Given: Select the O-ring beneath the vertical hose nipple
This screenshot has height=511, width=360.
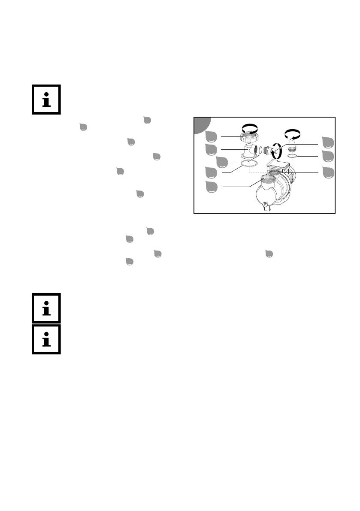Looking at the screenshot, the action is coord(292,157).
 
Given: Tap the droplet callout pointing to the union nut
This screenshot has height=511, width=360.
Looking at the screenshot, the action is coord(211,136).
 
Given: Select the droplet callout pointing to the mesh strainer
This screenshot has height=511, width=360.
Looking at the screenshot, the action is coord(211,187).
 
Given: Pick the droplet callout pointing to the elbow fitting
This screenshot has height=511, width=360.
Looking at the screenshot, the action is coord(211,149).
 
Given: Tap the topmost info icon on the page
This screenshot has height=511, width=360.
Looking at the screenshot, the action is coord(46,99).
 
